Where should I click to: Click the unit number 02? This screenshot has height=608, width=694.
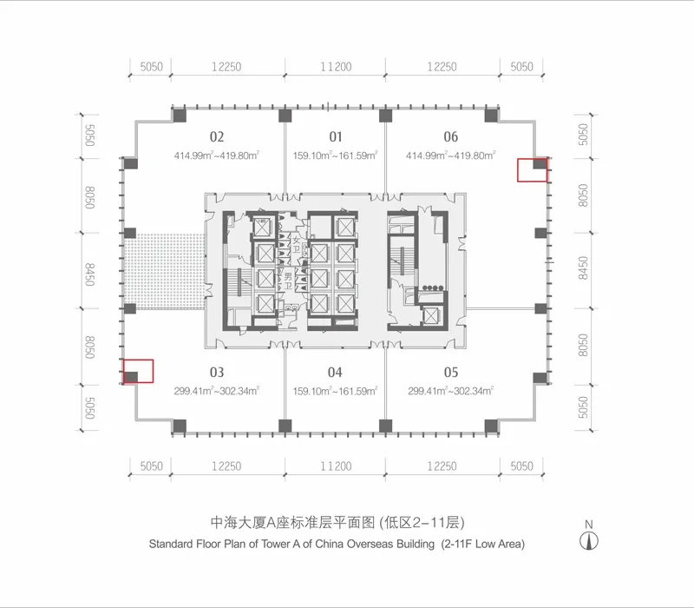[217, 136]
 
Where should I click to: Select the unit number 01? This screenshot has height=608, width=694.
[336, 136]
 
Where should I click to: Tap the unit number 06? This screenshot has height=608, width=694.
[450, 136]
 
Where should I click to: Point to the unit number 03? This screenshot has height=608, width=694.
[217, 373]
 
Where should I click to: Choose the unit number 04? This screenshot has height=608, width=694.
[335, 373]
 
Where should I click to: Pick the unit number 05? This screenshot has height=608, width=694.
[451, 373]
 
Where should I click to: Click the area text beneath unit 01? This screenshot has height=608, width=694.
[335, 155]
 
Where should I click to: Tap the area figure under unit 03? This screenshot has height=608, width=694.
[216, 391]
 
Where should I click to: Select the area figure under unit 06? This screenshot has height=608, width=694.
[450, 155]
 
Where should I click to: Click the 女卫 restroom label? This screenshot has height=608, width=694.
[296, 245]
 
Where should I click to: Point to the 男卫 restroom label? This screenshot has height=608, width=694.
[288, 281]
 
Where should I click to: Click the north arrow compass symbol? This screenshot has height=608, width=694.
[589, 541]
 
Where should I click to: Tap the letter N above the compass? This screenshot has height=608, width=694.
[589, 525]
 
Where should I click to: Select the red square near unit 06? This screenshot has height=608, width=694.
[533, 170]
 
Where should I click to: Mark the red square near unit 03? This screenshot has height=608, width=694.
[138, 371]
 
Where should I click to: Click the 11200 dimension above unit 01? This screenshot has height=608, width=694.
[336, 67]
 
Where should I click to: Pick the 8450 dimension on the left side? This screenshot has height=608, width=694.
[90, 274]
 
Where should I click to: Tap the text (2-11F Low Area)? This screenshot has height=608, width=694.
[483, 544]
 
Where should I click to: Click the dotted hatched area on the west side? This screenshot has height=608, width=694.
[164, 271]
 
